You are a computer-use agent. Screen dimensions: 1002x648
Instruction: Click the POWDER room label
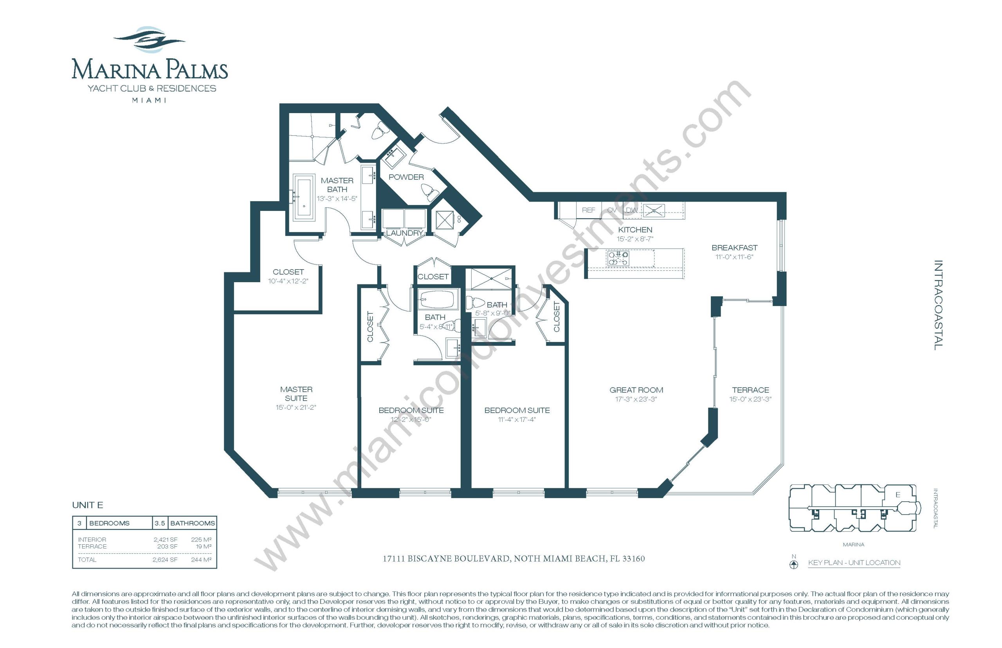tap(405, 177)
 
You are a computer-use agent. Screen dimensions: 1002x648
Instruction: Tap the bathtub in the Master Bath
tap(303, 197)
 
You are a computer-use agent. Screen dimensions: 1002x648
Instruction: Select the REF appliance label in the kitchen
tap(588, 210)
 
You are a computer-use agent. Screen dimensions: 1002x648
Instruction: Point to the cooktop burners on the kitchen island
tap(618, 258)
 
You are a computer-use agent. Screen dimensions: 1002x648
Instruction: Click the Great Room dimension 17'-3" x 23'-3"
tap(636, 399)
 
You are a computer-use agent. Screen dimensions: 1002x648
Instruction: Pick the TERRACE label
tap(750, 390)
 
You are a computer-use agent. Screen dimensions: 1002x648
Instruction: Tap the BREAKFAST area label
tap(734, 248)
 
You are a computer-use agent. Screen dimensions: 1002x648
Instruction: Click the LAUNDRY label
tap(404, 233)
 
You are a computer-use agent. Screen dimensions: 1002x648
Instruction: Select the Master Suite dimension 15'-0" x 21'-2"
tap(296, 407)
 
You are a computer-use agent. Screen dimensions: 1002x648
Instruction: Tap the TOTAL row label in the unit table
tap(87, 560)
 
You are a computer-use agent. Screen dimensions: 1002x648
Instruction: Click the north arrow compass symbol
tap(793, 563)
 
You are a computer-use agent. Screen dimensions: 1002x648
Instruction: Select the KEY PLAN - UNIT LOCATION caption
tap(854, 563)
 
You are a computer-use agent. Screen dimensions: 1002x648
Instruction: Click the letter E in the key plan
tap(897, 495)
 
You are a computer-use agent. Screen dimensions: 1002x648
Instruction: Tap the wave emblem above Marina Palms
tap(149, 40)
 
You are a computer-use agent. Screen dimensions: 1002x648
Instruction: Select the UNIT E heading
tap(88, 505)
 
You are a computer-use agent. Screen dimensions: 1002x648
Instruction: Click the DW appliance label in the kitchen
tap(631, 210)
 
